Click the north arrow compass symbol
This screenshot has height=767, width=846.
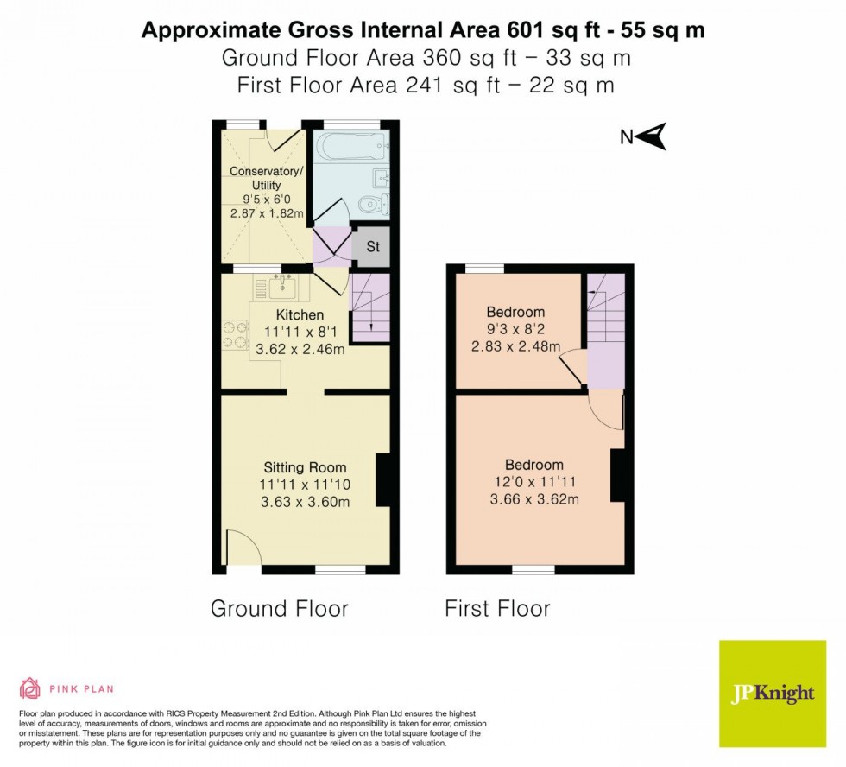[654, 136]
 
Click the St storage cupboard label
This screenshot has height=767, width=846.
[373, 246]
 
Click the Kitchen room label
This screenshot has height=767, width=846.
[300, 314]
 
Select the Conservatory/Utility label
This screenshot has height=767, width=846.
[267, 178]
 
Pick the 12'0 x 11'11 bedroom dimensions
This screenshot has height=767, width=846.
[533, 482]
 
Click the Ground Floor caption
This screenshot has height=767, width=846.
[280, 608]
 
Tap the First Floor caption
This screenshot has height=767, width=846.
[497, 608]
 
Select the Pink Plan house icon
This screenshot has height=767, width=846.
[30, 688]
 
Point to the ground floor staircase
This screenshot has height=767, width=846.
[370, 307]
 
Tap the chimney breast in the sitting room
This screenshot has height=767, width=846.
[383, 479]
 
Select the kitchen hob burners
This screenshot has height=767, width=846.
[234, 335]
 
